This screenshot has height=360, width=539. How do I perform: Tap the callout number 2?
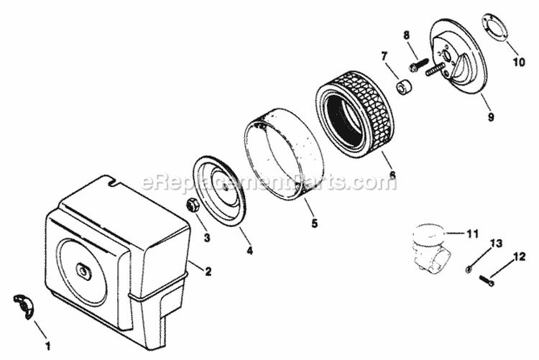click(x=208, y=272)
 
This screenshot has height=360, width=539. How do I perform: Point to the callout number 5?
click(x=314, y=223)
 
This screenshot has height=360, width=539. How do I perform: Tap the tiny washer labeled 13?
click(x=469, y=269)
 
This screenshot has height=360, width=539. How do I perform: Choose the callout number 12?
click(x=520, y=256)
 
